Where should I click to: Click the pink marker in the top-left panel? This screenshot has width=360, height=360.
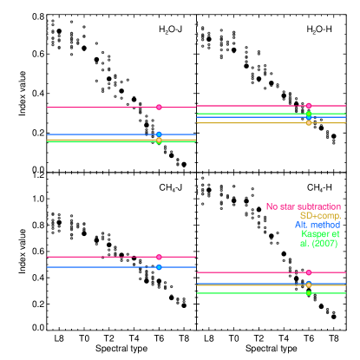pyautogui.click(x=159, y=108)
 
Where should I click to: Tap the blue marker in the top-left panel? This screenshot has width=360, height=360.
pyautogui.click(x=159, y=134)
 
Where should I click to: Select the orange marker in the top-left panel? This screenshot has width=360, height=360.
pyautogui.click(x=159, y=140)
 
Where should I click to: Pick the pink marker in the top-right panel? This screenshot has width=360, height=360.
pyautogui.click(x=309, y=106)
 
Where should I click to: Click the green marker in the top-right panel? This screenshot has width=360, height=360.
pyautogui.click(x=309, y=114)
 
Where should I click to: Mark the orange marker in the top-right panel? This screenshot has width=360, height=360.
pyautogui.click(x=309, y=122)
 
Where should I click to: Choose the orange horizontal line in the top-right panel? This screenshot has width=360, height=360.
pyautogui.click(x=252, y=122)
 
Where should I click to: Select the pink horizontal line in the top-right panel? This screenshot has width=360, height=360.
pyautogui.click(x=252, y=106)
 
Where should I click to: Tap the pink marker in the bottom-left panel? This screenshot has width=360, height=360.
pyautogui.click(x=159, y=257)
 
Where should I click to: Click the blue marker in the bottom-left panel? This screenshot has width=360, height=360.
pyautogui.click(x=159, y=267)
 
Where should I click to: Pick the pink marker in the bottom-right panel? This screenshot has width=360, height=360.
pyautogui.click(x=309, y=272)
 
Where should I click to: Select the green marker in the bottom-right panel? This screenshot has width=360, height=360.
pyautogui.click(x=309, y=293)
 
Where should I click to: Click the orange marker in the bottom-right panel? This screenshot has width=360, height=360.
pyautogui.click(x=309, y=285)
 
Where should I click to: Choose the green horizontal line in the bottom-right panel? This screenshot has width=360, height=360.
pyautogui.click(x=252, y=293)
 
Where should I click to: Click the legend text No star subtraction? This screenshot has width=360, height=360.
pyautogui.click(x=304, y=206)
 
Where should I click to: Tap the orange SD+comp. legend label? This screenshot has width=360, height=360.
pyautogui.click(x=320, y=216)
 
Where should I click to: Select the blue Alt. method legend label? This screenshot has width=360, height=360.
pyautogui.click(x=317, y=225)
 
